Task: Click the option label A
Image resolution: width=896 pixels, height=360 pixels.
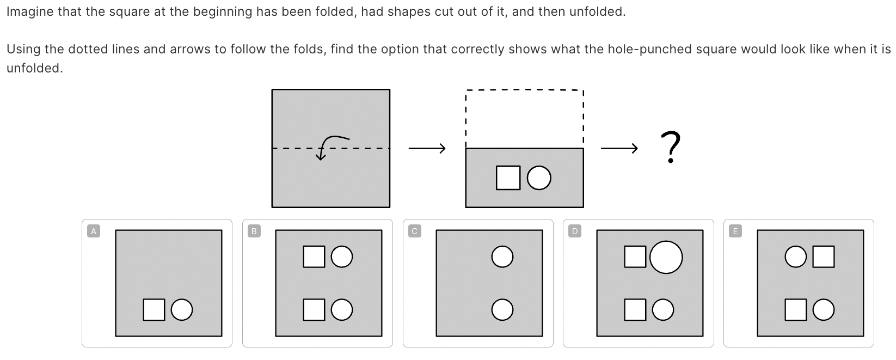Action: (x=93, y=231)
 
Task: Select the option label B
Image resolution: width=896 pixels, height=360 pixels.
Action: (x=254, y=231)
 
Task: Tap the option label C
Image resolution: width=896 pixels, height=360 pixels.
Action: (x=414, y=231)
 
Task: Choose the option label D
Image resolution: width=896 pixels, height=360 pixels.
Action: (x=574, y=231)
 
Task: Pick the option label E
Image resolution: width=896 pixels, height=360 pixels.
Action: (x=735, y=231)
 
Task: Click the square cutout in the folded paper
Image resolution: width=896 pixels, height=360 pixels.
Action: (x=508, y=178)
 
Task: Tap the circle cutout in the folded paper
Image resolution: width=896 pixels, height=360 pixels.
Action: (x=539, y=178)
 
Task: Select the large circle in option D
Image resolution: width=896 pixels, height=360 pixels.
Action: (x=666, y=257)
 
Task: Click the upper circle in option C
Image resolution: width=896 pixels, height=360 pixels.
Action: (x=502, y=257)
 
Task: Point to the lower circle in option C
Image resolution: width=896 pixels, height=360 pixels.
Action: (x=502, y=310)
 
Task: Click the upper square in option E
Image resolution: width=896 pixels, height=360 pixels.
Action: (x=823, y=257)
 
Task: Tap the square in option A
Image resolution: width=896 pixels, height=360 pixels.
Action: (x=154, y=309)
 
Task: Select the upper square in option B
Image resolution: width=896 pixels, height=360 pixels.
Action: (x=314, y=257)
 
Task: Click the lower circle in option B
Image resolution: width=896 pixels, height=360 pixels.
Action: (x=341, y=309)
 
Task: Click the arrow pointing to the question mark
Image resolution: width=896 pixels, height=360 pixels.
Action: (x=619, y=148)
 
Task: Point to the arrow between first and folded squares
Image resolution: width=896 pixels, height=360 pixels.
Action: (x=427, y=148)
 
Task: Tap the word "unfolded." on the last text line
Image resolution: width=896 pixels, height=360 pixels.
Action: (x=34, y=69)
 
